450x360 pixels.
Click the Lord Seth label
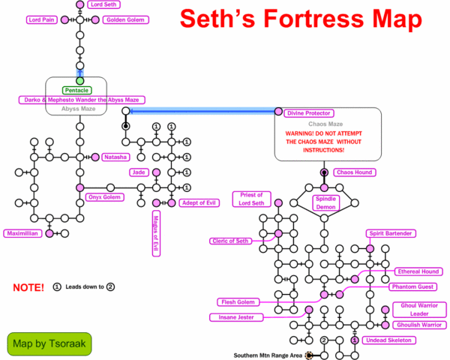tap(105, 4)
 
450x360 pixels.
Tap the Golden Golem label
tap(124, 19)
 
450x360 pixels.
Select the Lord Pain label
tap(43, 19)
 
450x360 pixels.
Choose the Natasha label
tap(117, 157)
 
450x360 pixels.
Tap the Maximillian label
tap(23, 233)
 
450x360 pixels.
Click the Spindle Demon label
tap(325, 202)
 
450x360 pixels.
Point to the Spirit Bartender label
tap(389, 234)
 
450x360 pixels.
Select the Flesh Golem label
tap(238, 302)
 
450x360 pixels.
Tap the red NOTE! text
tap(28, 287)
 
